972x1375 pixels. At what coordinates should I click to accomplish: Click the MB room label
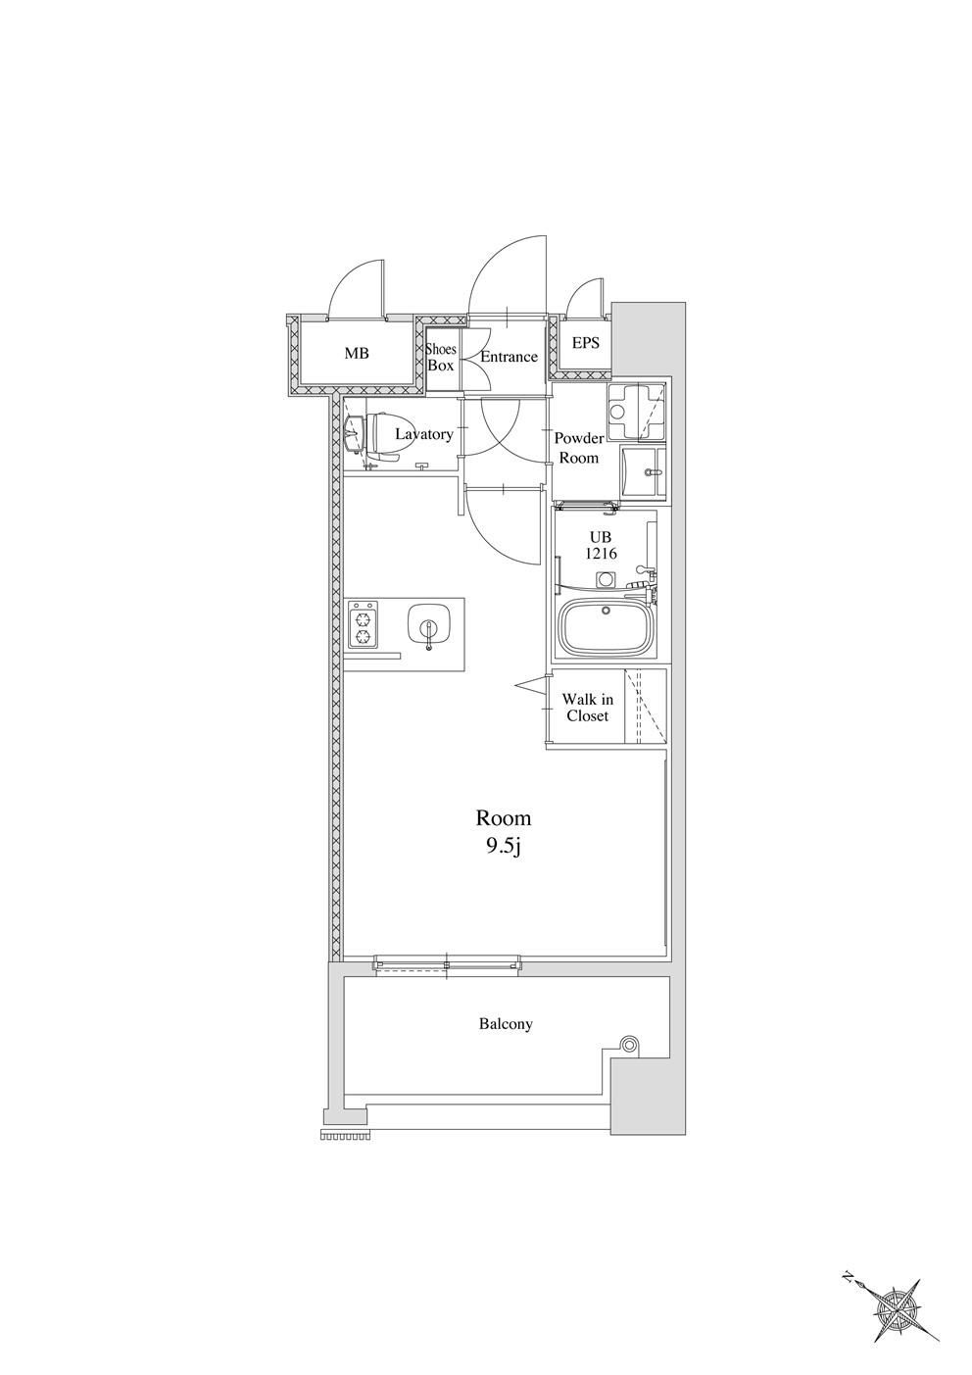coord(357,354)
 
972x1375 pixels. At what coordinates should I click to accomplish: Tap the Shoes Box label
coord(441,357)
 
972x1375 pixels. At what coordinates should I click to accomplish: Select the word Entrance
coord(509,357)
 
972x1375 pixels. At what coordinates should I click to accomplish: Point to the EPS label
coord(585,342)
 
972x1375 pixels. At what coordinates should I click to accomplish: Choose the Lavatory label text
coord(424,434)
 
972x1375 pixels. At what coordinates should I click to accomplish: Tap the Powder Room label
coord(579,448)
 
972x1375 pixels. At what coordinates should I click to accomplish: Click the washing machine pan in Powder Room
coord(637,412)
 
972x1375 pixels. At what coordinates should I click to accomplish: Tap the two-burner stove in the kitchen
coord(363,623)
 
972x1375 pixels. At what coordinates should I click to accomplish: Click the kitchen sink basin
coord(429,626)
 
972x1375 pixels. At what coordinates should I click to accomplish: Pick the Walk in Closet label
coord(587,708)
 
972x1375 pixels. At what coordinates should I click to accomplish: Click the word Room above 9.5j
coord(504,818)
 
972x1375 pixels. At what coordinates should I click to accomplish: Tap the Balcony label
coord(506,1024)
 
